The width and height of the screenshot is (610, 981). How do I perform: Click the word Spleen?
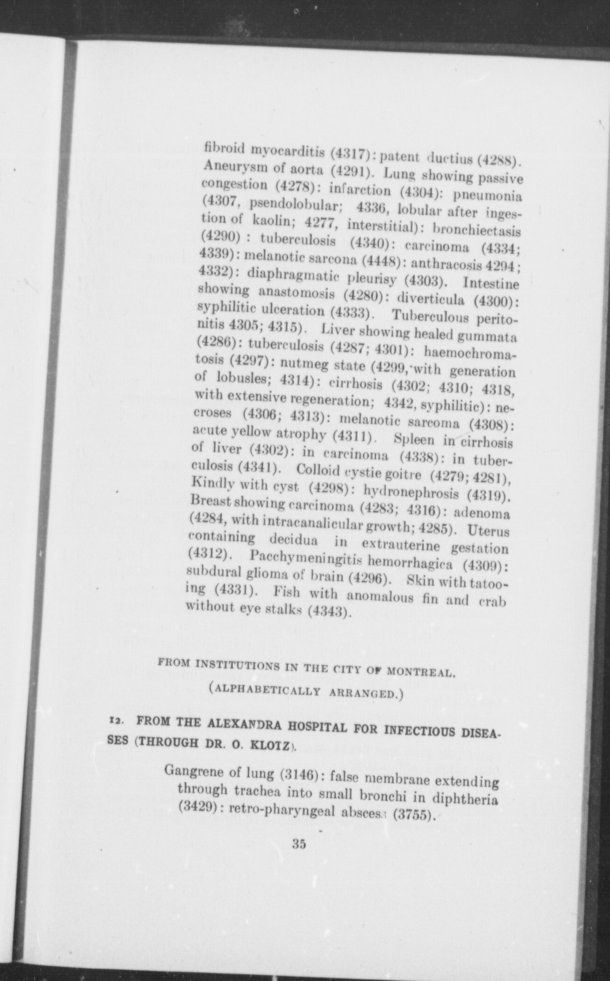pos(414,439)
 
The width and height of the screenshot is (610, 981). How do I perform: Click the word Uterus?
pos(489,530)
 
